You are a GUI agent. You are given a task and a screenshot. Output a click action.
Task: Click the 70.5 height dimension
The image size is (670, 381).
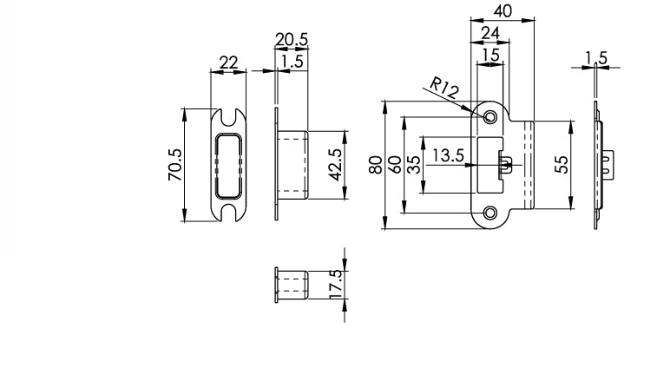pyautogui.click(x=174, y=164)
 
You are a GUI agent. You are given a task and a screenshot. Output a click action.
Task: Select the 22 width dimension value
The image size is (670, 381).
pyautogui.click(x=229, y=62)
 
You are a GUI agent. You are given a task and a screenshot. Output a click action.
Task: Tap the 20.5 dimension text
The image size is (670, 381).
pyautogui.click(x=292, y=39)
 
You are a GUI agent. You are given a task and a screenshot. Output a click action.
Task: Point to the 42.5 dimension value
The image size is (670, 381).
pyautogui.click(x=334, y=164)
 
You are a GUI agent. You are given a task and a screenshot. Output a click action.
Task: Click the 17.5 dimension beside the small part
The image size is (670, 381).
pyautogui.click(x=335, y=285)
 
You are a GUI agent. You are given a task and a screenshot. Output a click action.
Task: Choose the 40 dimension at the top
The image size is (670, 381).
pyautogui.click(x=501, y=10)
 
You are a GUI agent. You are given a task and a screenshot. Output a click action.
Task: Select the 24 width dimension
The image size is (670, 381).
pyautogui.click(x=489, y=32)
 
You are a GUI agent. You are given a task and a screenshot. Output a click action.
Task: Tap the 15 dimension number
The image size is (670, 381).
pyautogui.click(x=489, y=54)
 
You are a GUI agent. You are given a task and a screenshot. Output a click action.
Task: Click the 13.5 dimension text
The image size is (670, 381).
pyautogui.click(x=449, y=155)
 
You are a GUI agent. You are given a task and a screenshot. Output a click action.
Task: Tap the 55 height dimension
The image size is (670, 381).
pyautogui.click(x=561, y=164)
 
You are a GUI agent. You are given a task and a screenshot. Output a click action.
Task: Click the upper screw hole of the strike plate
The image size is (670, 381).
pyautogui.click(x=490, y=115)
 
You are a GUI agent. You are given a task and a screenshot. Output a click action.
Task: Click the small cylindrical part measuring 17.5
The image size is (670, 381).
pyautogui.click(x=292, y=285)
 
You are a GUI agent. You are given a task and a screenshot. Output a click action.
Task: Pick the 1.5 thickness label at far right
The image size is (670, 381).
pyautogui.click(x=596, y=57)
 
